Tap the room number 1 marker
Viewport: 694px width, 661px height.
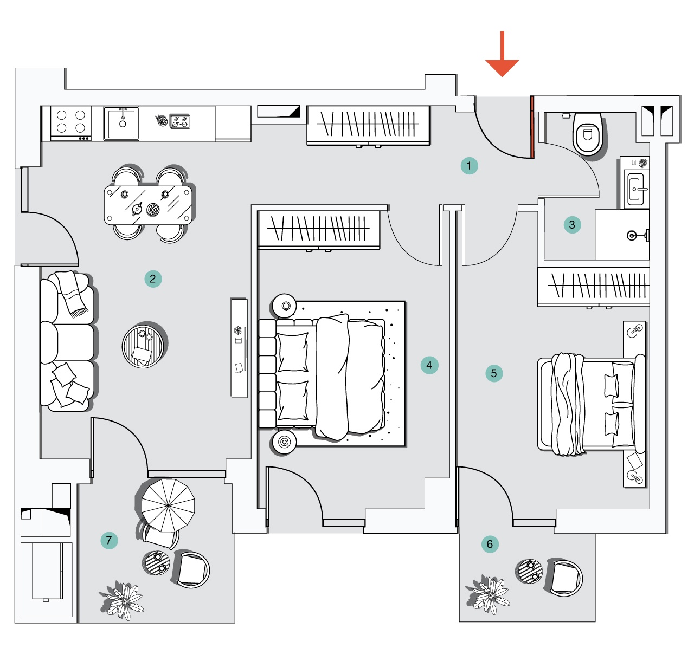pos(469,166)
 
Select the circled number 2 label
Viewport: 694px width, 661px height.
pos(153,279)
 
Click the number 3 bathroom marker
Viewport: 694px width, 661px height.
pos(572,225)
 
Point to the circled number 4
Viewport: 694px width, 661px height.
pos(429,365)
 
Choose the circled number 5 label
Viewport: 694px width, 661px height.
pos(494,373)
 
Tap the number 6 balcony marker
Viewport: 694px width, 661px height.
pos(490,544)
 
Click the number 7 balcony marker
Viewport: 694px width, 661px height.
pos(109,540)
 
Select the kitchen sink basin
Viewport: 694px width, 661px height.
pos(122,123)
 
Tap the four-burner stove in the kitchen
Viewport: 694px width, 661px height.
pos(71,122)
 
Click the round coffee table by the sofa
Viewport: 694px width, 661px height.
pos(143,346)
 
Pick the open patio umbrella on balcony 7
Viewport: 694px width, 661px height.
pos(168,505)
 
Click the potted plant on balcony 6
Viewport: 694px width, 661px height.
pos(488,594)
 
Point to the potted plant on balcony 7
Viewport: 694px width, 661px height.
pos(123,600)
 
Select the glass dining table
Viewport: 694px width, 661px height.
pos(149,204)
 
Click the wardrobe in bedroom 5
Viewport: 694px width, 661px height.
pos(594,286)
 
